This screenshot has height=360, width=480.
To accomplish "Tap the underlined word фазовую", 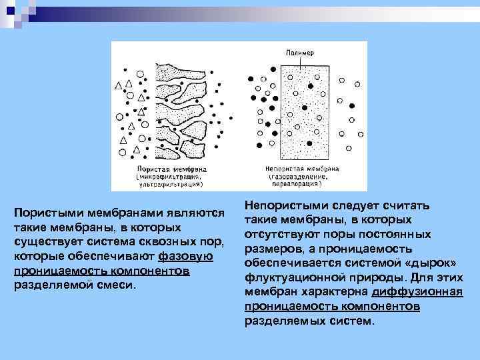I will (186, 257).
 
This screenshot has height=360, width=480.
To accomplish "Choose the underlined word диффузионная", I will (417, 291).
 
